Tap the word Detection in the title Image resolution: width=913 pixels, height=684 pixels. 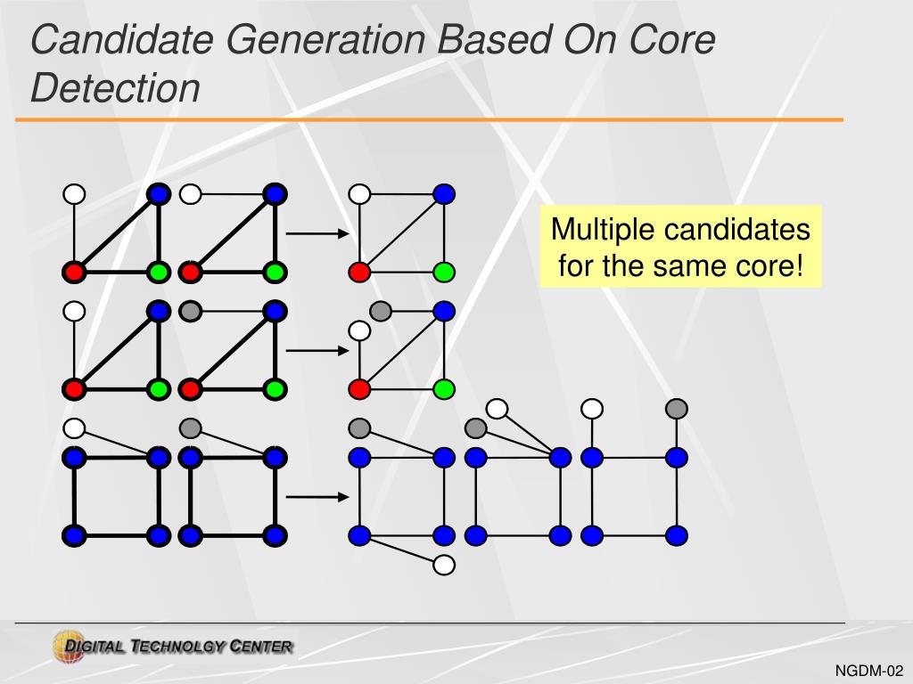[x=115, y=88]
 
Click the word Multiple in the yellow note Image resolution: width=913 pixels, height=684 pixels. [x=603, y=230]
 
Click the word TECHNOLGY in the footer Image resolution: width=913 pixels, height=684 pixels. [x=177, y=647]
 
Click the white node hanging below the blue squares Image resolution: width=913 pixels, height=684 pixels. [x=444, y=565]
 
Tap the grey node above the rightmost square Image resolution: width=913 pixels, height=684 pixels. [x=677, y=409]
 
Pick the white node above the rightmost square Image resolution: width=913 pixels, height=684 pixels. [x=592, y=409]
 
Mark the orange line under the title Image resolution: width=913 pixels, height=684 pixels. [x=428, y=119]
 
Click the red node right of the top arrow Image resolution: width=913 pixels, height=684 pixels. [x=359, y=272]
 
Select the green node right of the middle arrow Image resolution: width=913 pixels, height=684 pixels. [x=444, y=388]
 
